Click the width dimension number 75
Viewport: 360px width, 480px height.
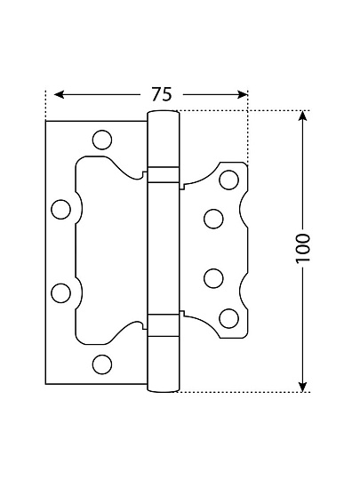click(x=162, y=94)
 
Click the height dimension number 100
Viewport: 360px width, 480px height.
click(x=303, y=247)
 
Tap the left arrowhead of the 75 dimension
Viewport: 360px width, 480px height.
click(x=59, y=94)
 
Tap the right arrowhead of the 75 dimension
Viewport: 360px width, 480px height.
click(x=242, y=94)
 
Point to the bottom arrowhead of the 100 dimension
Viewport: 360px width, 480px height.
click(x=302, y=387)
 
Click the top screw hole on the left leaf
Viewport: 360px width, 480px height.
click(x=102, y=140)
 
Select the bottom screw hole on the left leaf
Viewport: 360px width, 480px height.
click(x=102, y=364)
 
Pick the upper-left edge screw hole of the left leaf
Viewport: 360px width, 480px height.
click(x=61, y=210)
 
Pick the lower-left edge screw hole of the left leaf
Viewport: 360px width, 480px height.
click(x=61, y=293)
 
